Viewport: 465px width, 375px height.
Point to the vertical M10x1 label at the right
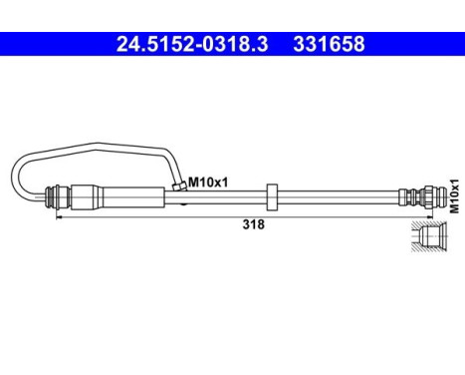pos(453,195)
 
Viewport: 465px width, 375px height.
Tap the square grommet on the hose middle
pos(272,192)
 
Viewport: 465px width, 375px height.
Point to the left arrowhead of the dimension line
pos(59,214)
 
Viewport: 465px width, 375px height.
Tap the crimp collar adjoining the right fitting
pos(403,192)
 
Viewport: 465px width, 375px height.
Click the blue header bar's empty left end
pos(40,44)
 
